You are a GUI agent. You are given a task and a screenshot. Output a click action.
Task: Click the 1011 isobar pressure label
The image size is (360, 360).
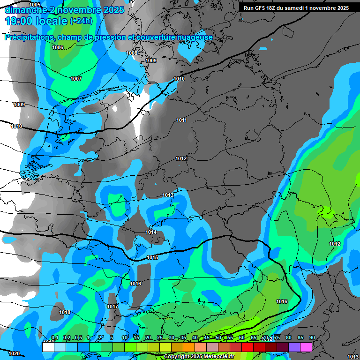(181, 120)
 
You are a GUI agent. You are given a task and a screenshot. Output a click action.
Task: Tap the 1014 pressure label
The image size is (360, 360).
(151, 232)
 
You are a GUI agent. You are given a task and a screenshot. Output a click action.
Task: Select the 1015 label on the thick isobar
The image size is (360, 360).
(152, 258)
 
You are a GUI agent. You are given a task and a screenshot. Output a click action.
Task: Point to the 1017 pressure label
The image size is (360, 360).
(112, 307)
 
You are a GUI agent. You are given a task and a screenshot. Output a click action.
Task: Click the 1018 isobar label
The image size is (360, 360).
(65, 312)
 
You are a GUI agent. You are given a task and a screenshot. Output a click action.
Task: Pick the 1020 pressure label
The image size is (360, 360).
(15, 353)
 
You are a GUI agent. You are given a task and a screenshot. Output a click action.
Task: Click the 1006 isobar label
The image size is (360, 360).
(58, 48)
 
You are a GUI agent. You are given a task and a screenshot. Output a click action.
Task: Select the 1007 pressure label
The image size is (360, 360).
(76, 79)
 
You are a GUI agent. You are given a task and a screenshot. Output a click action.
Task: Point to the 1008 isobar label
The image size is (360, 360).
(132, 53)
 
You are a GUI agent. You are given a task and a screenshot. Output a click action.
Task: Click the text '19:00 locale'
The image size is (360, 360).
(36, 21)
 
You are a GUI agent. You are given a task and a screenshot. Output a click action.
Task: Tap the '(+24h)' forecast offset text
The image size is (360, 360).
(81, 21)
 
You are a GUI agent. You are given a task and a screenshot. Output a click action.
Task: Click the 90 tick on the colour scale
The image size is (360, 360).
(312, 337)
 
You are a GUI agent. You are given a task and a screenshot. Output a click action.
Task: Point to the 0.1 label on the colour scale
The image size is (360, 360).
(54, 337)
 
